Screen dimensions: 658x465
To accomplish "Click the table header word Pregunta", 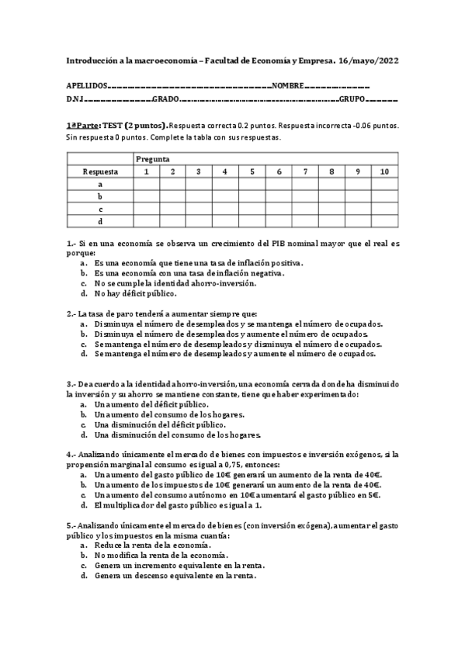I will [153, 159].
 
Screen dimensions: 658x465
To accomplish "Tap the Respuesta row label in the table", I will [100, 171].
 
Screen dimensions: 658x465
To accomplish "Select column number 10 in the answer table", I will [384, 171].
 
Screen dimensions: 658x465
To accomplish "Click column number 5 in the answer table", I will [252, 171].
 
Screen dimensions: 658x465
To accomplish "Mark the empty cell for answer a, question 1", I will [146, 184].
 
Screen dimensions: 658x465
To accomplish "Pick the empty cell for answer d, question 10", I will [384, 221].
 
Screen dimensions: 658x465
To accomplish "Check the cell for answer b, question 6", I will [278, 196].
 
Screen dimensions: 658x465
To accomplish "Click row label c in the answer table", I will [100, 209].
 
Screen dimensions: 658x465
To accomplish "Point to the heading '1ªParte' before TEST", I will [82, 125].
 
